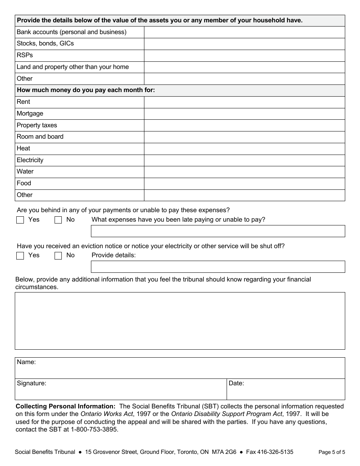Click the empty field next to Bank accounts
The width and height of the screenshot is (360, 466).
244,32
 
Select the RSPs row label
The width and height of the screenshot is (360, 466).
25,55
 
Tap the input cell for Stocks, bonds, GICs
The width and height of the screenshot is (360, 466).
244,44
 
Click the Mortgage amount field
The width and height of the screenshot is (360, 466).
244,114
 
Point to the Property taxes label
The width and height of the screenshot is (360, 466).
37,125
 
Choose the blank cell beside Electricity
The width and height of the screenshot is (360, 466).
244,160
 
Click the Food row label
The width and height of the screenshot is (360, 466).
24,183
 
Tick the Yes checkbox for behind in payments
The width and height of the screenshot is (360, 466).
20,220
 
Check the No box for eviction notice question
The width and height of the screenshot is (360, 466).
58,256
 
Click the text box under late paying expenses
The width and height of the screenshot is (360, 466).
218,231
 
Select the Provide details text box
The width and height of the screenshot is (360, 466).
218,267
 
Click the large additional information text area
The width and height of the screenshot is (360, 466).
180,321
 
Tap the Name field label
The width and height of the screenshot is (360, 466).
26,362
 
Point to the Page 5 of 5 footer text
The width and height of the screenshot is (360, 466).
332,452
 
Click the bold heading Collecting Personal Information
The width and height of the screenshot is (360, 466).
66,406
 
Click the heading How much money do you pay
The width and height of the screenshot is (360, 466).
86,90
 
